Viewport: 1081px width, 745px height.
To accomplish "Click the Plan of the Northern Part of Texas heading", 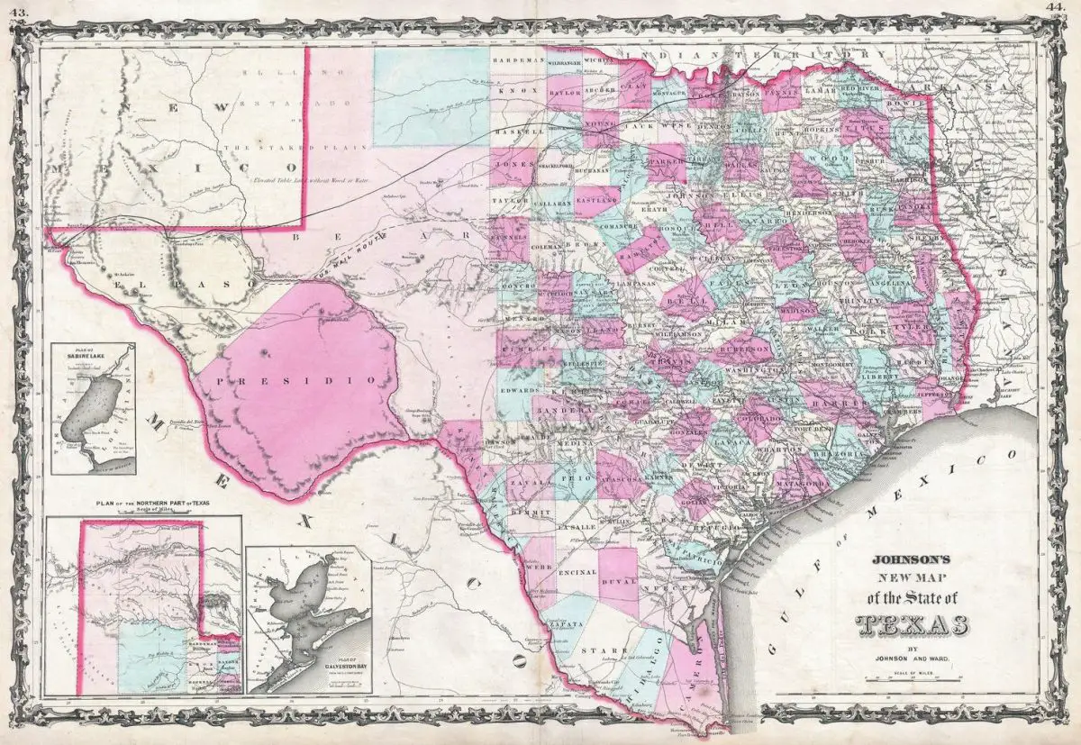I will click(x=143, y=504).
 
